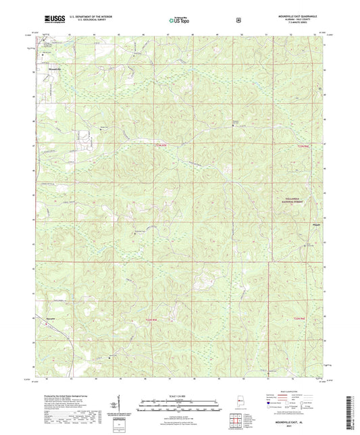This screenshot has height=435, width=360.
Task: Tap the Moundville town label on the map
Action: (x=53, y=69)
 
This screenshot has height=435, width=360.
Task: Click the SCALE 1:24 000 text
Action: (x=180, y=395)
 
